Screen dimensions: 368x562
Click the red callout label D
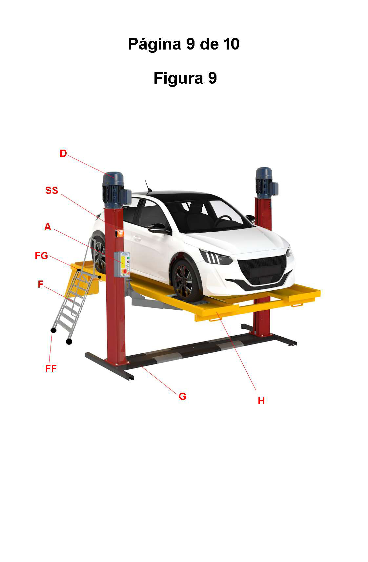pyautogui.click(x=63, y=153)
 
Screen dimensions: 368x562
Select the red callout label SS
pyautogui.click(x=52, y=190)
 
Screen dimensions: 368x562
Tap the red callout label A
pyautogui.click(x=48, y=227)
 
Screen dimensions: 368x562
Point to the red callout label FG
pyautogui.click(x=41, y=256)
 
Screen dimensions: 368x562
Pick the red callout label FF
pyautogui.click(x=51, y=368)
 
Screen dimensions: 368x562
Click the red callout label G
pyautogui.click(x=182, y=396)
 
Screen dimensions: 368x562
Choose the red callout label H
pyautogui.click(x=261, y=401)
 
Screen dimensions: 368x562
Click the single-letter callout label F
pyautogui.click(x=40, y=284)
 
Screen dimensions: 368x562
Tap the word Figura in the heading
pyautogui.click(x=178, y=78)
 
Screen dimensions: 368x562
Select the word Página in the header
pyautogui.click(x=154, y=44)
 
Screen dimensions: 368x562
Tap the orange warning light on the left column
pyautogui.click(x=120, y=233)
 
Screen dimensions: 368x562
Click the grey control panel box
pyautogui.click(x=122, y=264)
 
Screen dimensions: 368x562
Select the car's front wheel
pyautogui.click(x=185, y=281)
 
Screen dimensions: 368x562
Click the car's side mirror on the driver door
pyautogui.click(x=157, y=228)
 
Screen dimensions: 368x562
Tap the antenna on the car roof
pyautogui.click(x=148, y=186)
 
